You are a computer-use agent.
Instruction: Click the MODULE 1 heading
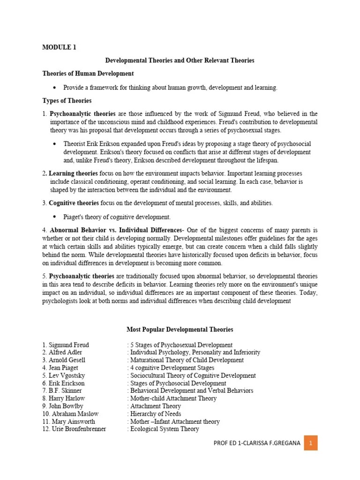59,47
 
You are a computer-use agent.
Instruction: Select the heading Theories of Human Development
88,74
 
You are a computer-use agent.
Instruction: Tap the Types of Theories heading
67,100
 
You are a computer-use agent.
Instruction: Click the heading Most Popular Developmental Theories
180,330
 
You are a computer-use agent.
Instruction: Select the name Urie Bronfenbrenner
77,429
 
